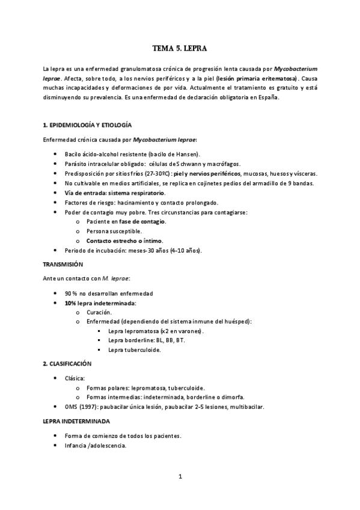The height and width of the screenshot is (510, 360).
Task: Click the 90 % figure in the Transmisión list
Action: tap(72, 293)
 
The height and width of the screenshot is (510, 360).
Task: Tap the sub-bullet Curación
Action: tap(99, 312)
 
